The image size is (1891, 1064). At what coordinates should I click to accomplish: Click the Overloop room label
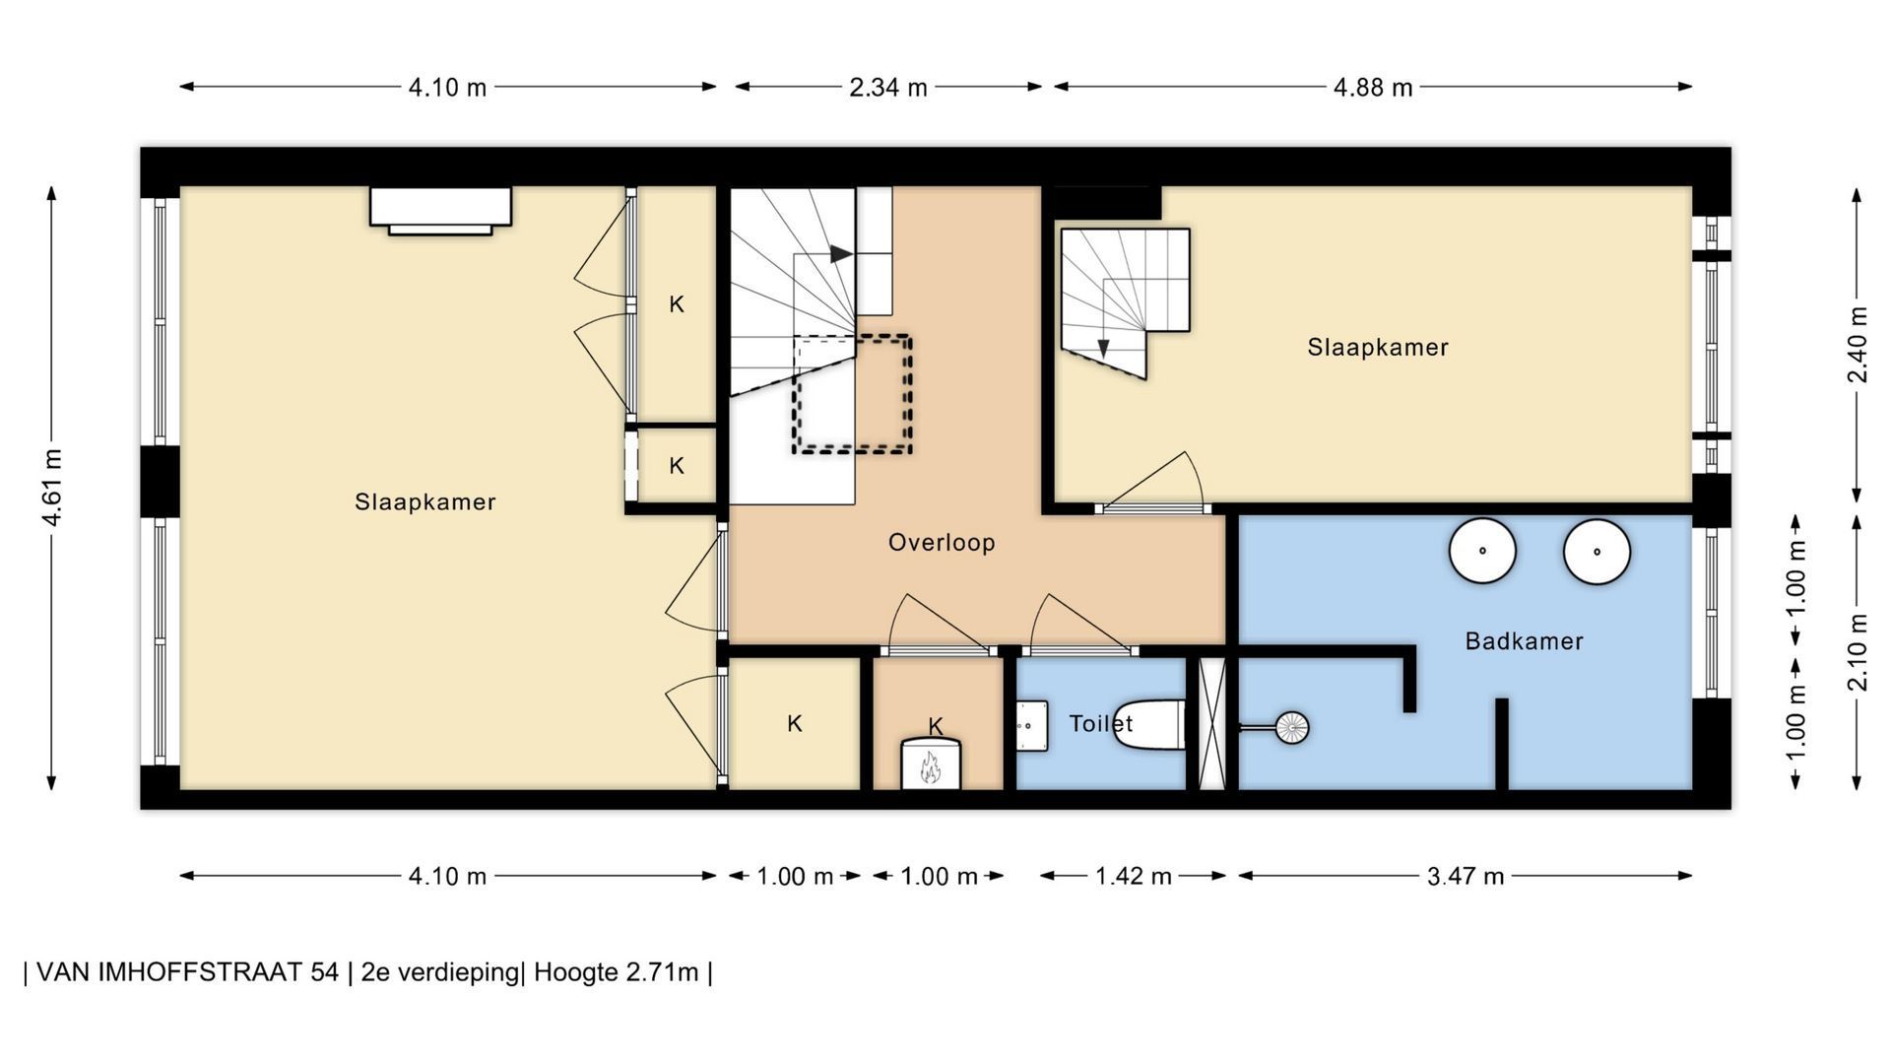[x=942, y=543]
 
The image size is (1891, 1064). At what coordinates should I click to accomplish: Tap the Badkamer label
[x=1524, y=641]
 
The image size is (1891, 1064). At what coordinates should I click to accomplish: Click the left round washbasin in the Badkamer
[x=1482, y=551]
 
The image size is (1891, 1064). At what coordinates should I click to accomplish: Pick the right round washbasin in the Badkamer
[x=1597, y=552]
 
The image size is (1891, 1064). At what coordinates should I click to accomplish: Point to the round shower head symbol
[x=1291, y=728]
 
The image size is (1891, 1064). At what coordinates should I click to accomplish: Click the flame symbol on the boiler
[x=931, y=766]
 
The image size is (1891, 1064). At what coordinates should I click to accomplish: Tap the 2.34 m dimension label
[x=888, y=88]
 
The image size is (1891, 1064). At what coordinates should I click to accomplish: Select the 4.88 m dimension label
[x=1373, y=88]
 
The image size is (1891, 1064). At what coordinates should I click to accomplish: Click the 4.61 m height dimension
[x=52, y=488]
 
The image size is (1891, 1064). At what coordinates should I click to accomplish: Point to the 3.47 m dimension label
[x=1466, y=876]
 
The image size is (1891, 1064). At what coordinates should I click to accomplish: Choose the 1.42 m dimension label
[x=1134, y=876]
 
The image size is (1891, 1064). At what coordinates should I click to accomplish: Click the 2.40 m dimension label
[x=1858, y=346]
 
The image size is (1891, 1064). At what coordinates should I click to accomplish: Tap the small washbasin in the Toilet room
[x=1031, y=726]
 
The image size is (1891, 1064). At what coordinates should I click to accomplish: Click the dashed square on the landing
[x=852, y=394]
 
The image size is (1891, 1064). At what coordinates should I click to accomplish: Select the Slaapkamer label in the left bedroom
[x=424, y=502]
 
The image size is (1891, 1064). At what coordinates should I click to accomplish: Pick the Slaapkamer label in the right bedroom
[x=1378, y=348]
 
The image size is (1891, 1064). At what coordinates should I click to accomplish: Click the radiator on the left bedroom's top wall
[x=440, y=210]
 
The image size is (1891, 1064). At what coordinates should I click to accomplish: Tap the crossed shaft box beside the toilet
[x=1211, y=723]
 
